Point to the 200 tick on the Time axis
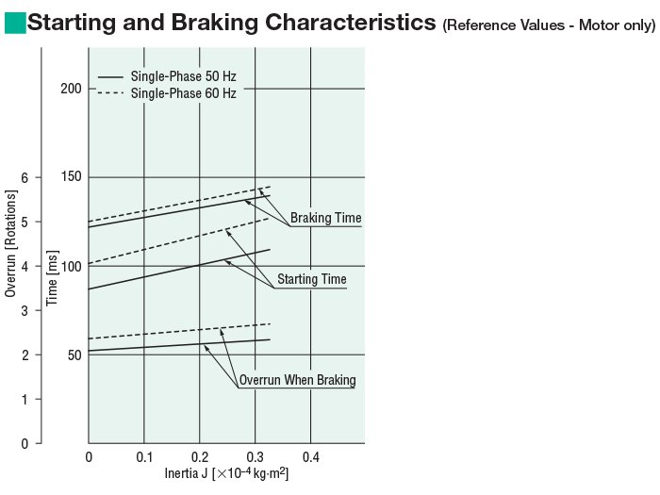tap(72, 89)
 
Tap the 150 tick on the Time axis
tap(72, 177)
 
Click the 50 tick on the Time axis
tap(74, 355)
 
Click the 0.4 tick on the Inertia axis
tap(310, 457)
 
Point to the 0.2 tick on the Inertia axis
tap(199, 457)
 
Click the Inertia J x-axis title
tap(226, 473)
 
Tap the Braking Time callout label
tap(325, 219)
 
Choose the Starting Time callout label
tap(311, 279)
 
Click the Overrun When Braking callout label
tap(297, 381)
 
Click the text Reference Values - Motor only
tap(548, 25)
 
